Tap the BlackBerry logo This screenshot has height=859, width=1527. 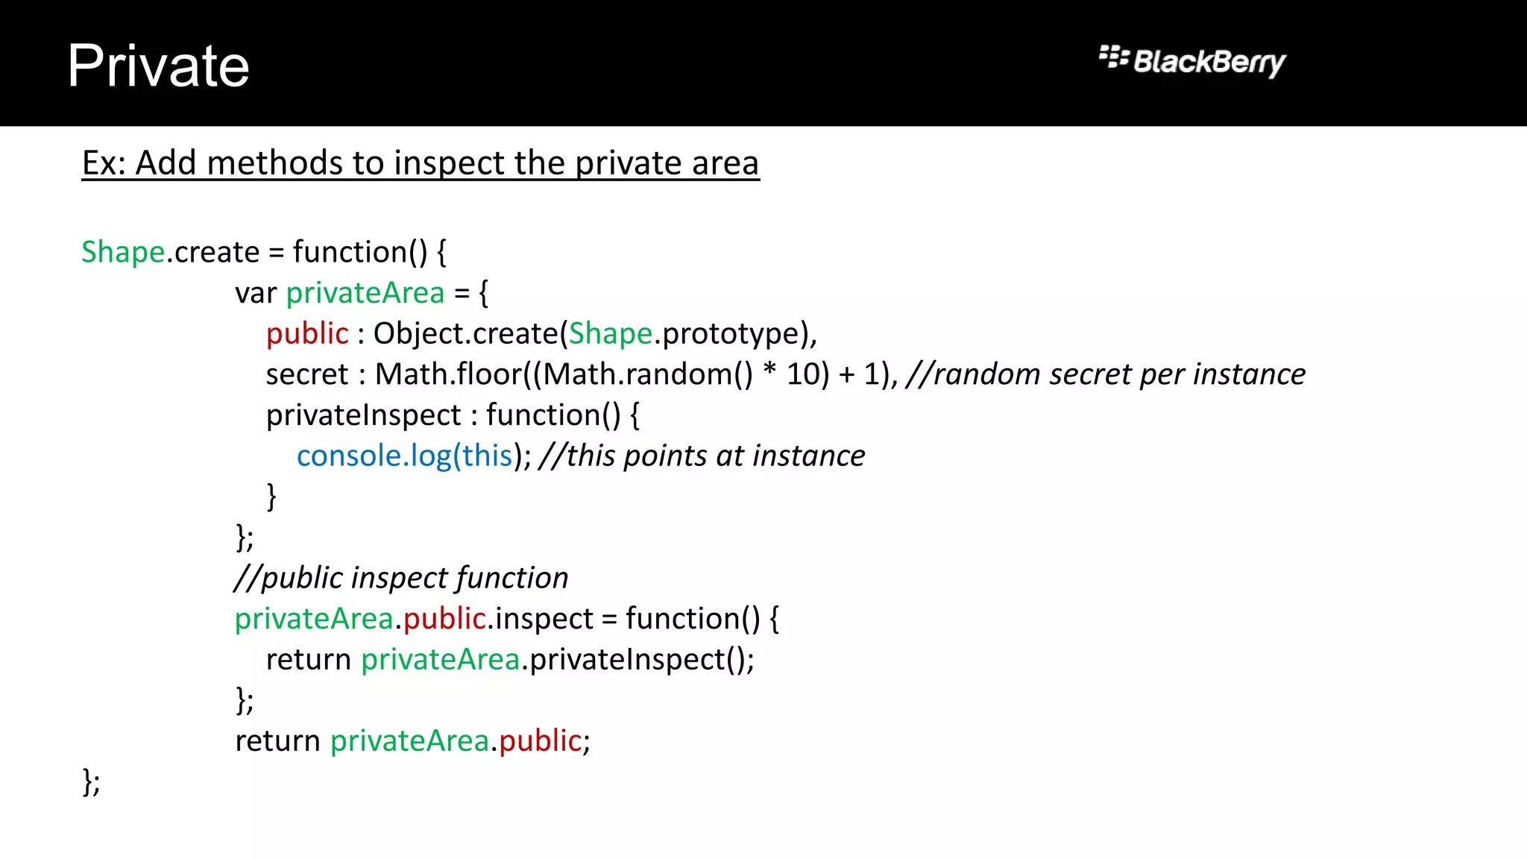[x=1192, y=61]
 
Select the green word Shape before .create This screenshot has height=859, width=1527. [x=123, y=252]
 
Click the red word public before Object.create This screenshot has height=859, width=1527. [x=307, y=333]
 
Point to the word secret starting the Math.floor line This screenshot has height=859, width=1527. [x=306, y=374]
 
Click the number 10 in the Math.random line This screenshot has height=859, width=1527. [x=802, y=374]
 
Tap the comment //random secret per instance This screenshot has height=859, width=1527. [x=1106, y=374]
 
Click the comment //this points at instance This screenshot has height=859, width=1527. [x=702, y=456]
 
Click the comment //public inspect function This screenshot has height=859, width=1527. [x=401, y=578]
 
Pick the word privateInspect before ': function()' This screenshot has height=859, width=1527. [x=364, y=415]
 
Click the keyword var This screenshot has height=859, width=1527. [x=256, y=293]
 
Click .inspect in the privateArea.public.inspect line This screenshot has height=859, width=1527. [x=541, y=619]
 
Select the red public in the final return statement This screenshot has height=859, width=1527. [x=540, y=741]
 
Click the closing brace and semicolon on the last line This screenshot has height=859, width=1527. [x=91, y=782]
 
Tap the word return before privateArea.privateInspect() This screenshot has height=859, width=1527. [x=308, y=660]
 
